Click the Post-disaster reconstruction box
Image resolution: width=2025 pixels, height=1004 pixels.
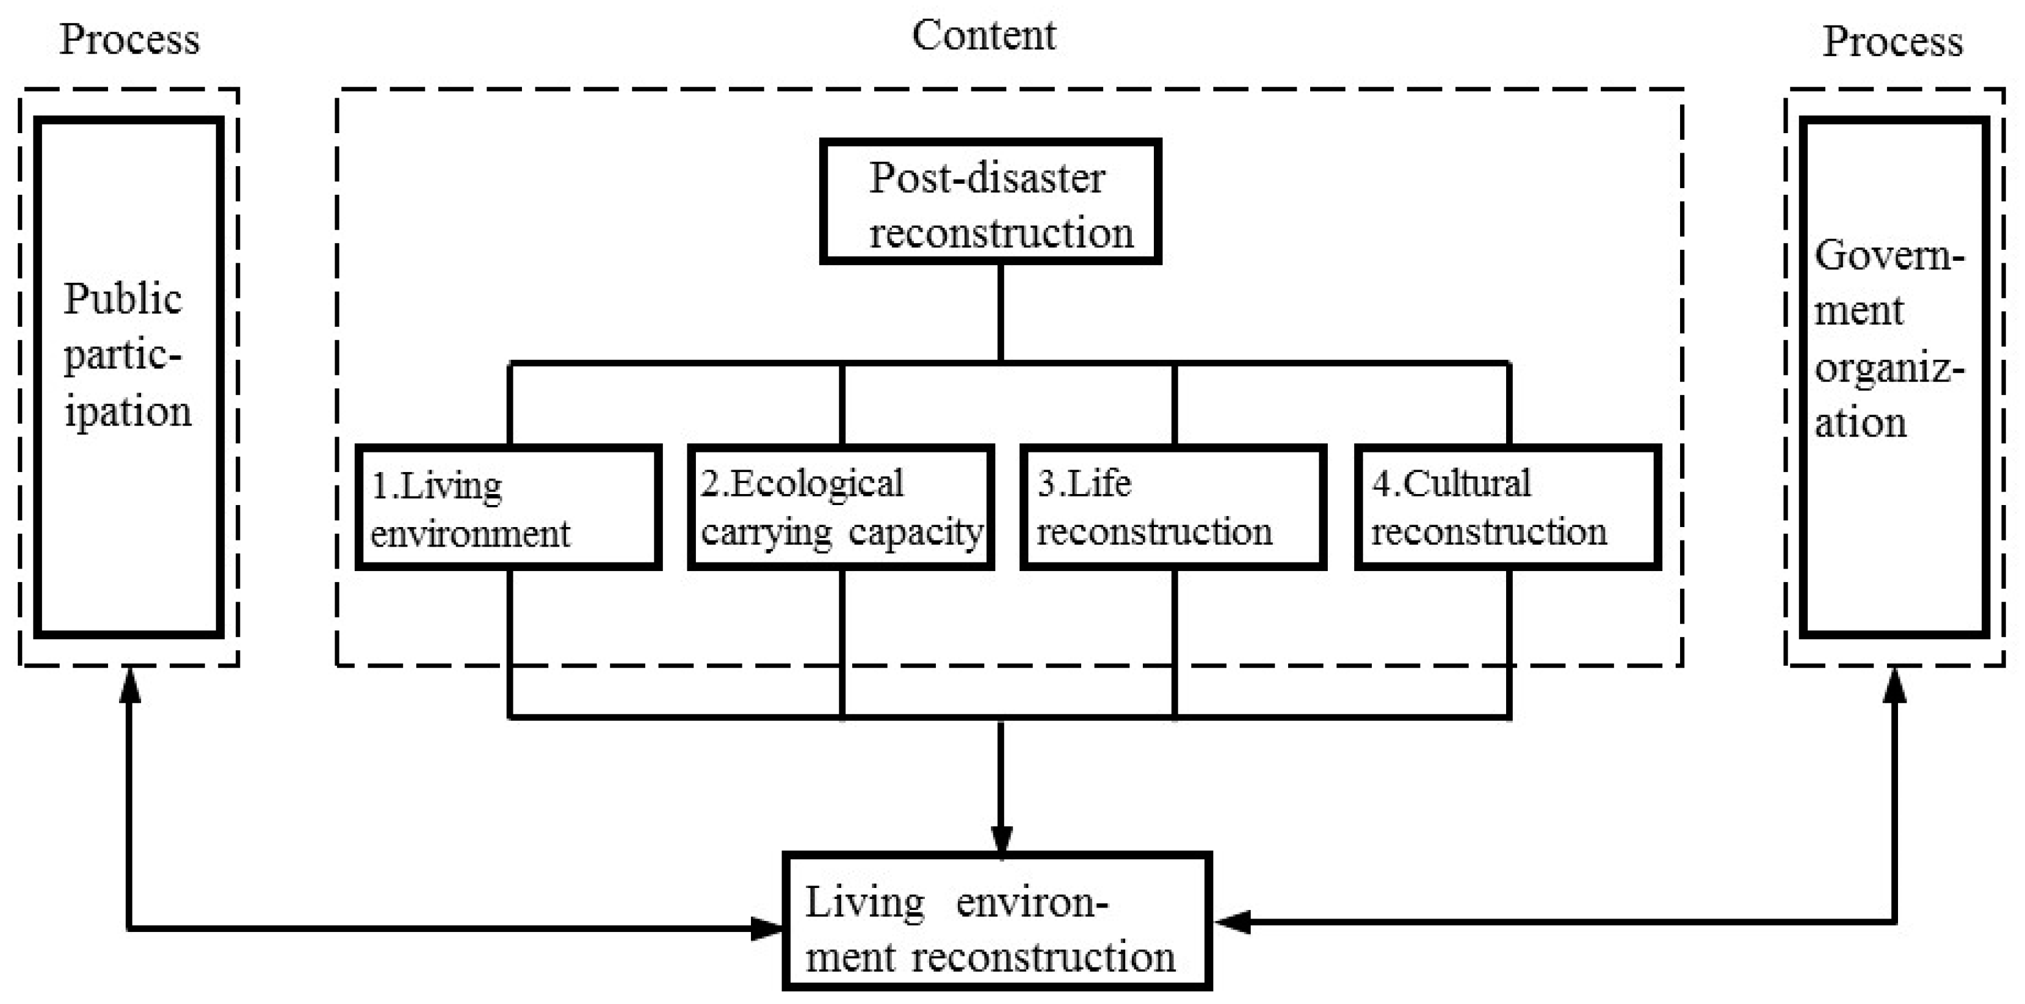point(990,202)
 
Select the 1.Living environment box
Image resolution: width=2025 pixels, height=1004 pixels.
point(508,507)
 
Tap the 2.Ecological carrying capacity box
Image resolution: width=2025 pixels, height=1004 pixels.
point(841,507)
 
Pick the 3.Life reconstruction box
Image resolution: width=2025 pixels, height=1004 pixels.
point(1173,507)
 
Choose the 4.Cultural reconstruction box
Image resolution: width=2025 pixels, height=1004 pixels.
point(1507,507)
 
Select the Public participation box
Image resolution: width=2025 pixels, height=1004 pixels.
point(129,377)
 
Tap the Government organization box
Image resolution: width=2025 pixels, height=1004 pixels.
point(1894,377)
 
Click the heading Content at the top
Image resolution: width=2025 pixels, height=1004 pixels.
point(984,36)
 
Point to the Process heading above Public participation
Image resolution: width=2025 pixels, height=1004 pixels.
point(129,39)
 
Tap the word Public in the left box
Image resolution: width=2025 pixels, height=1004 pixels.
point(123,299)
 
